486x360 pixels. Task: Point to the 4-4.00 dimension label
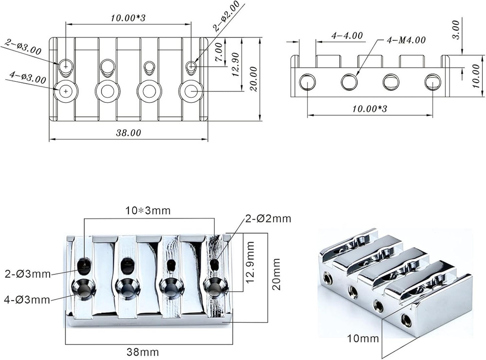pos(347,36)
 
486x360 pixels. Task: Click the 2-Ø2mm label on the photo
pos(268,218)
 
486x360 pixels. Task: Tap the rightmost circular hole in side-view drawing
pos(432,82)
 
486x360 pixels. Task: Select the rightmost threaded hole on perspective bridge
pos(406,320)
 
